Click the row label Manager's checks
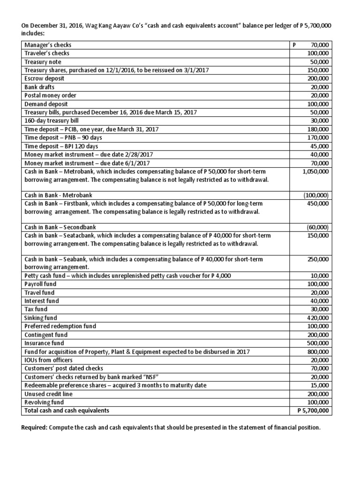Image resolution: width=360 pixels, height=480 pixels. tap(48, 45)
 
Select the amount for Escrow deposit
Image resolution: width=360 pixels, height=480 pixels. tap(320, 79)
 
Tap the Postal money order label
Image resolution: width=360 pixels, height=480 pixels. tap(50, 96)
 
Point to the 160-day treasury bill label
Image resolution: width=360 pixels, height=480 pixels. tap(48, 121)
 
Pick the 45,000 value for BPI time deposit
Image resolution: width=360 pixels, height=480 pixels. tap(321, 146)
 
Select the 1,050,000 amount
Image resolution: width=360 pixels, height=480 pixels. tap(316, 172)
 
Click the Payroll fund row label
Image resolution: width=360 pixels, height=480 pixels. tap(40, 284)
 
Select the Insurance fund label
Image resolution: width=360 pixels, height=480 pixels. tap(44, 343)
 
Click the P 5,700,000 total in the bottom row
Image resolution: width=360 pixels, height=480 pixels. tap(313, 411)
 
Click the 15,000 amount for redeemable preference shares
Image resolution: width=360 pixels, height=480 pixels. tap(321, 385)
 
